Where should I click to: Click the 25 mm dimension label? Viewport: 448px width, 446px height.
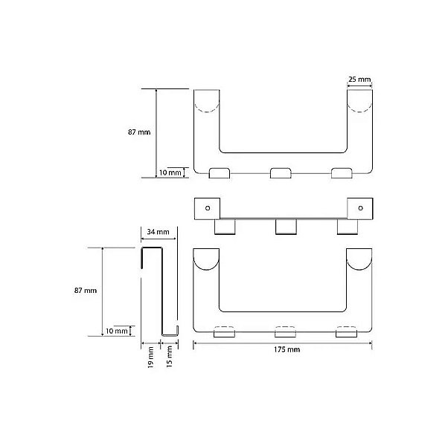[359, 79]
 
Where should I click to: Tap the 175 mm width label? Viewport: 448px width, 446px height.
[287, 349]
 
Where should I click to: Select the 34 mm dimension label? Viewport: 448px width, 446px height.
[158, 232]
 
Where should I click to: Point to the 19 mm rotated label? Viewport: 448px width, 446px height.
[150, 357]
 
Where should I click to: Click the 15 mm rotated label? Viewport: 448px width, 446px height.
[169, 356]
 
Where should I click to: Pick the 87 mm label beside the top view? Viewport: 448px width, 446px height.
[139, 132]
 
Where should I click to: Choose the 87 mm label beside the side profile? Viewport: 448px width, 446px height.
[86, 291]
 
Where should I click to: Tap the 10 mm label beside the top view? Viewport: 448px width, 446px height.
[170, 172]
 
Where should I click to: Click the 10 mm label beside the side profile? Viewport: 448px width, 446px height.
[117, 331]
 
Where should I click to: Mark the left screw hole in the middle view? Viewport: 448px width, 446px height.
[208, 208]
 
